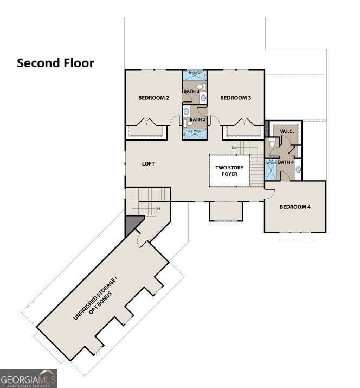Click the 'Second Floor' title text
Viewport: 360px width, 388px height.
[x=55, y=63]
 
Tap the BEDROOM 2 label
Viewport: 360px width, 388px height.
[x=153, y=98]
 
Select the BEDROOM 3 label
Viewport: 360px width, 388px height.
[x=235, y=98]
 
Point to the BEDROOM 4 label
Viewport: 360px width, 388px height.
[x=295, y=207]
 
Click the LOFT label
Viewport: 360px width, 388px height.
[x=149, y=163]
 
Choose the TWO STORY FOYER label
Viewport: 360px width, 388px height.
[x=229, y=171]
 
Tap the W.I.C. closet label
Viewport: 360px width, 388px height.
[x=287, y=132]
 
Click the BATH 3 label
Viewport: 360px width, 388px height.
[x=191, y=91]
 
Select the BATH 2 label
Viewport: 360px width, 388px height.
[x=197, y=119]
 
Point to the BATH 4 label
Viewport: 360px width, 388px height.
[x=286, y=162]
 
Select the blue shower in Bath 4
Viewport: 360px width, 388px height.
[x=271, y=170]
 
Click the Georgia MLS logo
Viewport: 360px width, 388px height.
[x=28, y=378]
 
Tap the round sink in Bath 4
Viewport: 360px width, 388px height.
[x=298, y=169]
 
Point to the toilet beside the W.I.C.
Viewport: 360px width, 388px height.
[x=272, y=143]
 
